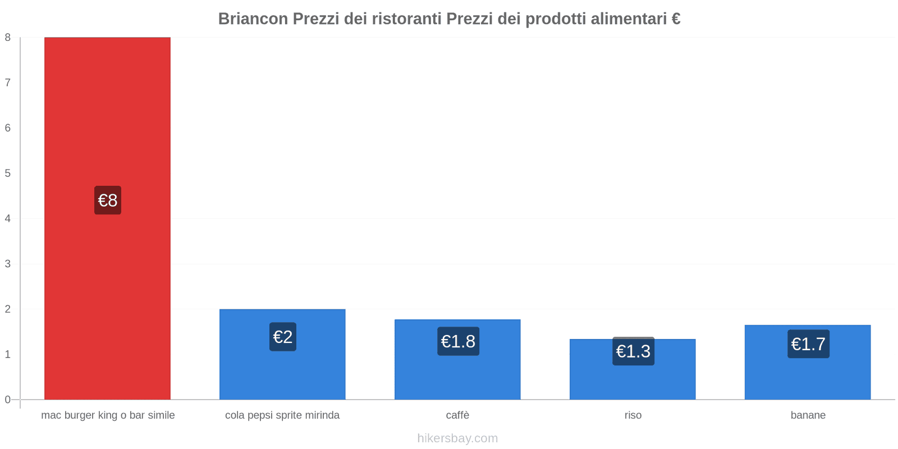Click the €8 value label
(x=108, y=200)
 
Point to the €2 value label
(x=283, y=337)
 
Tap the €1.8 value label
(x=458, y=341)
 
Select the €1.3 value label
(x=633, y=351)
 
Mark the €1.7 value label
(x=808, y=344)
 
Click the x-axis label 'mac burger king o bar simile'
(x=108, y=415)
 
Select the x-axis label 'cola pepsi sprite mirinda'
(x=282, y=415)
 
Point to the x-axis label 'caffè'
(x=457, y=415)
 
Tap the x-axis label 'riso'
(x=633, y=415)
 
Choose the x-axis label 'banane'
(x=808, y=415)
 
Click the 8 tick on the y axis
(x=8, y=38)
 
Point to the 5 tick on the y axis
(x=8, y=173)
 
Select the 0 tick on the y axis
(x=8, y=400)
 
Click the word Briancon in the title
(x=253, y=19)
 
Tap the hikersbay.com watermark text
(x=457, y=438)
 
